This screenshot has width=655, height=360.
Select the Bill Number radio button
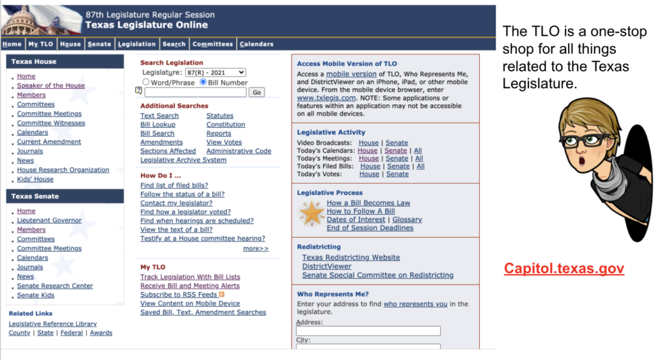click(203, 82)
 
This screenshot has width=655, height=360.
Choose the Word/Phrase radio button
click(146, 82)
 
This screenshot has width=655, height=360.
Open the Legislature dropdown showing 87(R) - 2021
click(216, 73)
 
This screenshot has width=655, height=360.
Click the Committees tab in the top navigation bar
click(213, 44)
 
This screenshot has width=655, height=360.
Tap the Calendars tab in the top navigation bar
click(256, 44)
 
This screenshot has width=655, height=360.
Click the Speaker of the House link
click(51, 86)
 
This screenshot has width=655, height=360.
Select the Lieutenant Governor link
click(49, 221)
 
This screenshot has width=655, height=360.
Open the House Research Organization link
click(63, 170)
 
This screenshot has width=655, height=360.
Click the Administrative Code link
click(239, 152)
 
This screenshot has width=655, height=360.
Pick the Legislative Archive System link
click(183, 160)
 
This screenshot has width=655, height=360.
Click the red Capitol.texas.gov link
click(564, 269)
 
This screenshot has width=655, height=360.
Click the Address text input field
click(368, 331)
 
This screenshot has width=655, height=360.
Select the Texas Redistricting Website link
click(351, 258)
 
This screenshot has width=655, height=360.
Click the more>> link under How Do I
click(256, 249)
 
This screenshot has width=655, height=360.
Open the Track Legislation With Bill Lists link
click(190, 278)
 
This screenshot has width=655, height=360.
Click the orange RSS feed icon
click(222, 295)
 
